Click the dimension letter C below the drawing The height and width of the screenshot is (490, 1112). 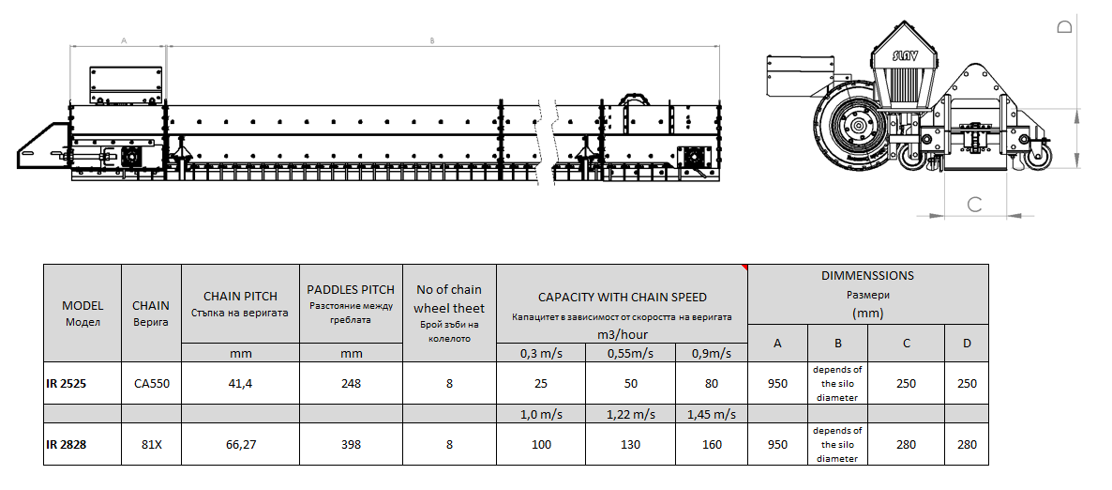click(974, 204)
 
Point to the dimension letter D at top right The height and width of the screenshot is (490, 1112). click(1064, 27)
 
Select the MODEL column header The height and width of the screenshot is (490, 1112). click(83, 314)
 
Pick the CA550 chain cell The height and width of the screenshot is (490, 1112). click(151, 384)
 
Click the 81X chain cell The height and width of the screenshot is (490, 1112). click(151, 445)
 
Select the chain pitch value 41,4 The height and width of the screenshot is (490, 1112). click(240, 384)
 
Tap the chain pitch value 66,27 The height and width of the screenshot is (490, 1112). click(240, 445)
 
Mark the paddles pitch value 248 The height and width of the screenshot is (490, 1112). click(351, 384)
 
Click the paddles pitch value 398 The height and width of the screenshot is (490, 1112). click(351, 445)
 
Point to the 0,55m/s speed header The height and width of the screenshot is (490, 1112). click(630, 353)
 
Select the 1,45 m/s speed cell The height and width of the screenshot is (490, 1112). click(712, 414)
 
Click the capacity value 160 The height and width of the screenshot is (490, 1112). click(712, 445)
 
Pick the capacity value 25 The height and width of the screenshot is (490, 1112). click(540, 384)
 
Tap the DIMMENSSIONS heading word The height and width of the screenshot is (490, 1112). click(867, 276)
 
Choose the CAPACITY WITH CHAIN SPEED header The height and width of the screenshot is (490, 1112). click(622, 298)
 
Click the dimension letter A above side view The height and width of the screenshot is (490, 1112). click(123, 41)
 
